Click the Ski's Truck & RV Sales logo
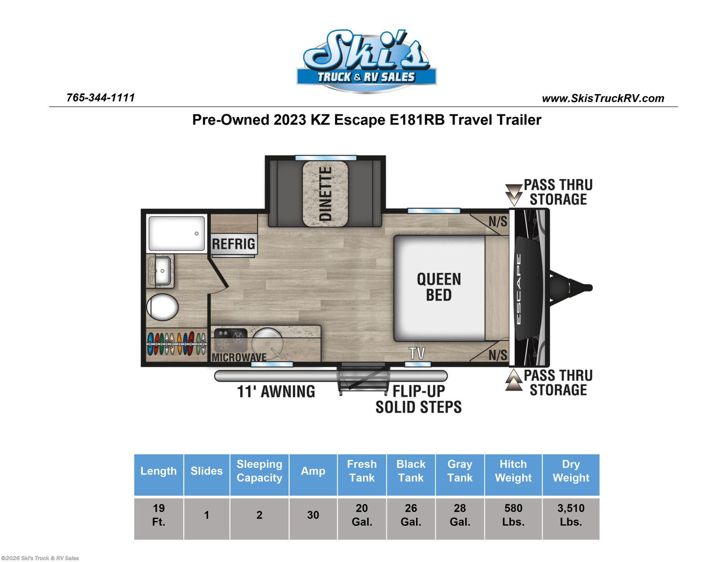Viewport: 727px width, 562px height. click(366, 61)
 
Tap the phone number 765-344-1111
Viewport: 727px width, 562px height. click(101, 98)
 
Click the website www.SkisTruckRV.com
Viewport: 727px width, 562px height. click(603, 98)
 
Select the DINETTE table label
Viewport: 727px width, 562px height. click(325, 194)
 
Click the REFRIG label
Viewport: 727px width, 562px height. click(234, 244)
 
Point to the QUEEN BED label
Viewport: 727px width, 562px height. click(439, 287)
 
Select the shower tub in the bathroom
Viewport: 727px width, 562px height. click(176, 233)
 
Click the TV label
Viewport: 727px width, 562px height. click(417, 353)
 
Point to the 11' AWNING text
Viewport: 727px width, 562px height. click(276, 391)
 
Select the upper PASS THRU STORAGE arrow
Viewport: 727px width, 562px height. click(514, 195)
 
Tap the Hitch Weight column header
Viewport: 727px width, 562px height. click(513, 471)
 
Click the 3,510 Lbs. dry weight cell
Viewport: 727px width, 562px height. click(571, 515)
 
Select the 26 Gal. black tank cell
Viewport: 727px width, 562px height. click(411, 515)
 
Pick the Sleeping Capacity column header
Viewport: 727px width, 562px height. click(259, 471)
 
